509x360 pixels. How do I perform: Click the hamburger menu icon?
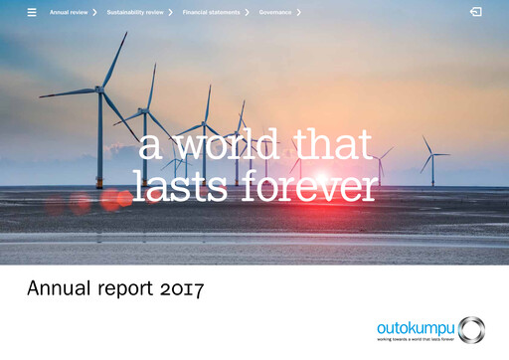click(32, 12)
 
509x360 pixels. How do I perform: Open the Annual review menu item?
click(69, 12)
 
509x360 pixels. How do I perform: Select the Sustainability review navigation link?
click(135, 12)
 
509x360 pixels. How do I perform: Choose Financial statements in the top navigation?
click(210, 12)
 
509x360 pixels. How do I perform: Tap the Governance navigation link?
click(274, 12)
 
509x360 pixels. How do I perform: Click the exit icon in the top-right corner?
click(476, 12)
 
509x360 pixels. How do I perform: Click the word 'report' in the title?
click(126, 290)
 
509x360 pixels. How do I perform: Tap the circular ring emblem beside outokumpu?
click(471, 329)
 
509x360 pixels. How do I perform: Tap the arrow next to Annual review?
click(94, 12)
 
